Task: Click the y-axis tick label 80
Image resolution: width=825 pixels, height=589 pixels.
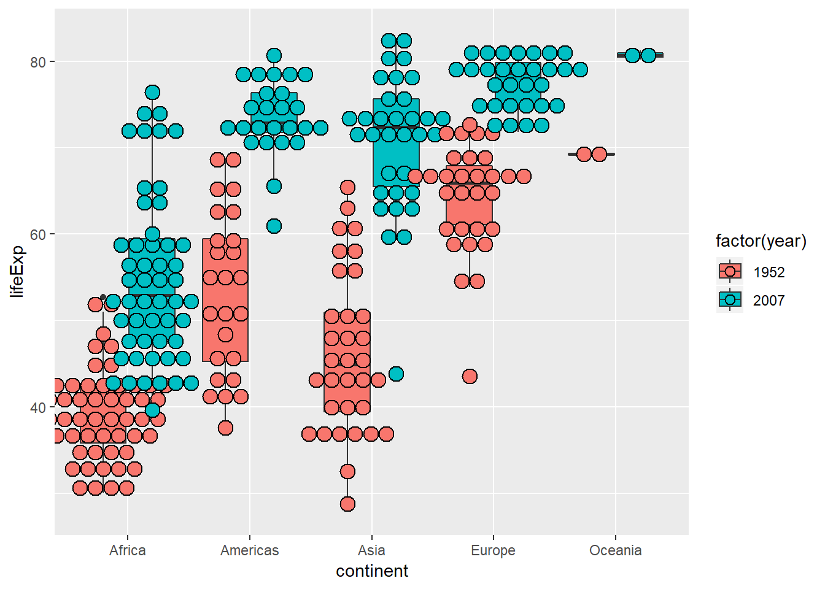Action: (38, 62)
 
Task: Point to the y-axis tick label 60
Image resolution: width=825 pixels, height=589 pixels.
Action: (38, 234)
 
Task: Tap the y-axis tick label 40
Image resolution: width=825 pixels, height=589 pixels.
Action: (38, 407)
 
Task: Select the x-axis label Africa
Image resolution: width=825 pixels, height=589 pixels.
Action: (128, 550)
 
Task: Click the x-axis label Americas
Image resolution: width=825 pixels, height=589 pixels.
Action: (249, 550)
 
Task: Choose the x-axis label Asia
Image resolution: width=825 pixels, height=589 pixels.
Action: (371, 550)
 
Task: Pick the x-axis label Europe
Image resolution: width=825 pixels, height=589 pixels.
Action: (493, 550)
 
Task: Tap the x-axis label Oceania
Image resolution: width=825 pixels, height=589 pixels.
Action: (615, 550)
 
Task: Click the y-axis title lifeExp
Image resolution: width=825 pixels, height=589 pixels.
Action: (18, 271)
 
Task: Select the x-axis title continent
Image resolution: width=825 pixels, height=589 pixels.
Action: (371, 571)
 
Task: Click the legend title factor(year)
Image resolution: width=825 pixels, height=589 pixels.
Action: (761, 241)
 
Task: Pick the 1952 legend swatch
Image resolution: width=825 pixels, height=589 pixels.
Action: (730, 272)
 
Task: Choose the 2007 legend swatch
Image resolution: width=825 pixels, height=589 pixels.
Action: (730, 300)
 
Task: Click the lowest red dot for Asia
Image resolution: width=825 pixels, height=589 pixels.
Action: (347, 504)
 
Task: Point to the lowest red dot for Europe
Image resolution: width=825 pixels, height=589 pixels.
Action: (470, 376)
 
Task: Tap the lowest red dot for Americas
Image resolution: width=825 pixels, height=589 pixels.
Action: (225, 428)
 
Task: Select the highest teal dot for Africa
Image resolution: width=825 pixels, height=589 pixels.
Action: (152, 93)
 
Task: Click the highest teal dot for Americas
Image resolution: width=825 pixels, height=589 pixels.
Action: (274, 56)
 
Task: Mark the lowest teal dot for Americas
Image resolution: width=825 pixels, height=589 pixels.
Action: (274, 226)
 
